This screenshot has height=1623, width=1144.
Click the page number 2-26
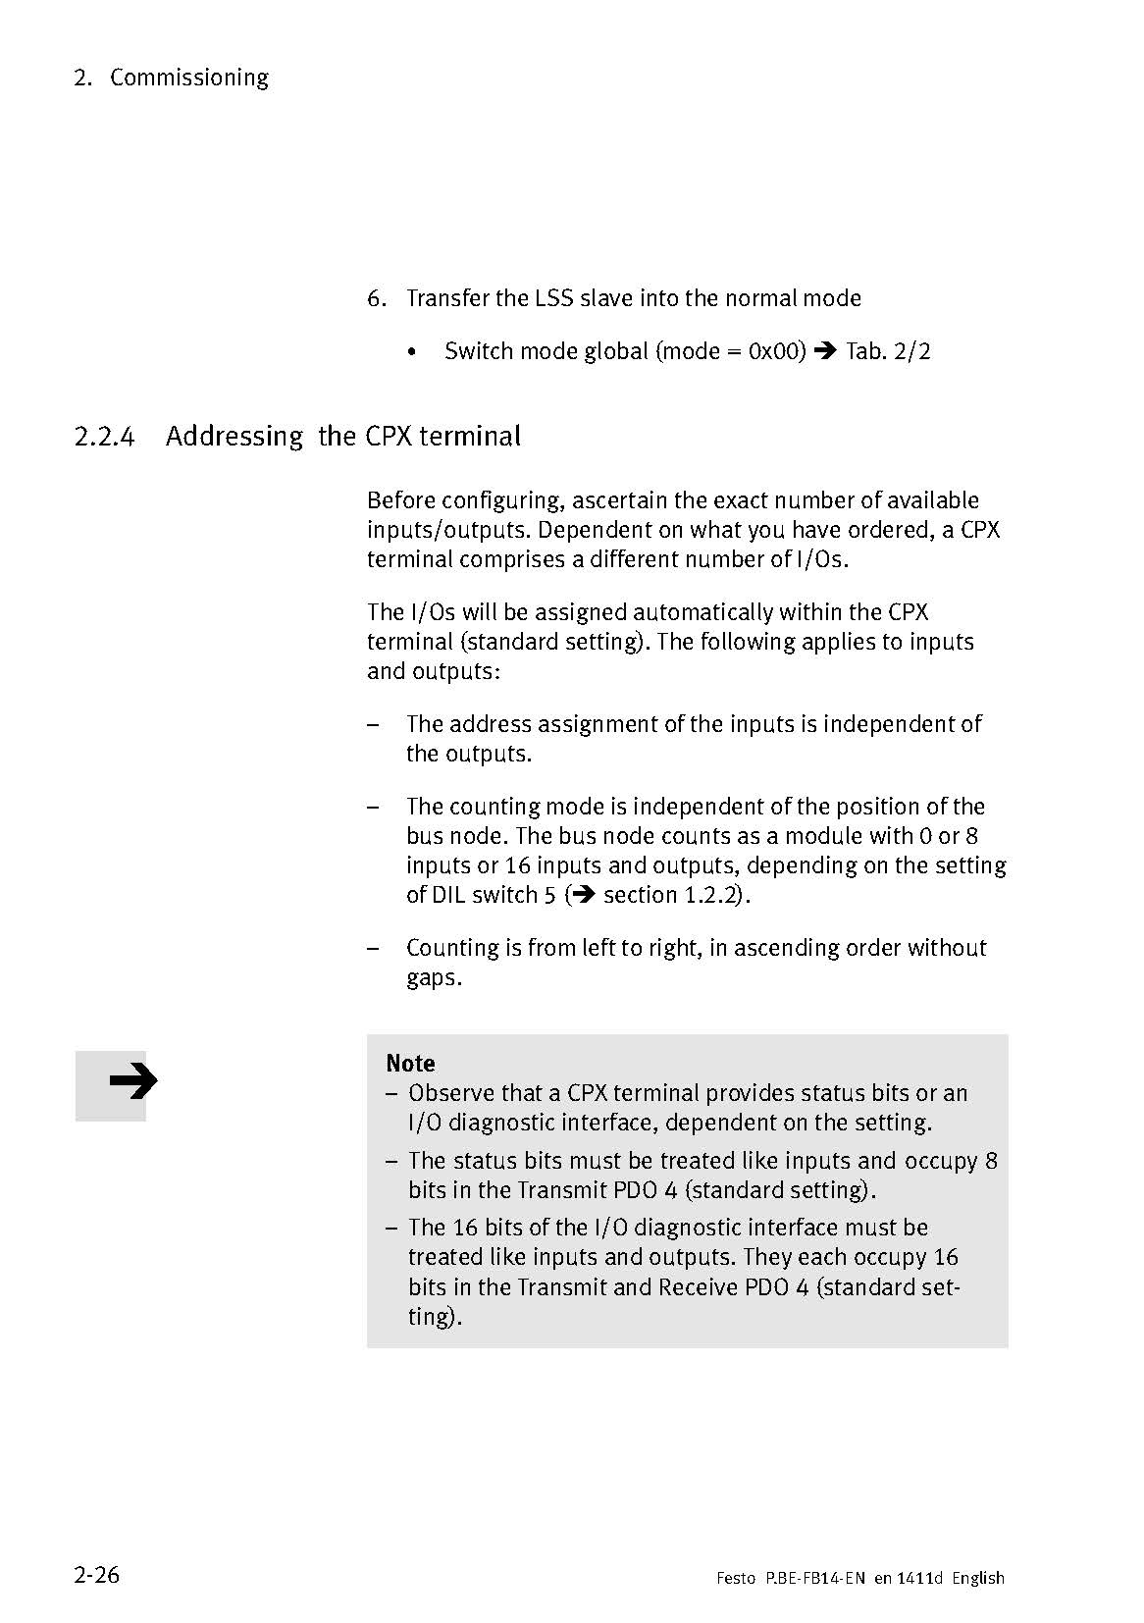click(96, 1575)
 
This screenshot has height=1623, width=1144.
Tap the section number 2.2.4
click(103, 436)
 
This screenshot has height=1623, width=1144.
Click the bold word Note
click(410, 1063)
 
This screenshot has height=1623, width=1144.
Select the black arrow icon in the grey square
click(132, 1082)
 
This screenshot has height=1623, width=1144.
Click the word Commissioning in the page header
click(189, 78)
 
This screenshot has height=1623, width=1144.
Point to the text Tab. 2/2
click(887, 350)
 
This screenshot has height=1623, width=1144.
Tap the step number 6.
click(376, 298)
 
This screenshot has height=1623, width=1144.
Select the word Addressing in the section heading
click(234, 436)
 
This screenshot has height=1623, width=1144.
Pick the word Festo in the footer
click(735, 1578)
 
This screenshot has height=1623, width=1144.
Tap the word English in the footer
click(978, 1578)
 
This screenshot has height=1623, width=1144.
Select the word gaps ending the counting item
click(432, 978)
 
